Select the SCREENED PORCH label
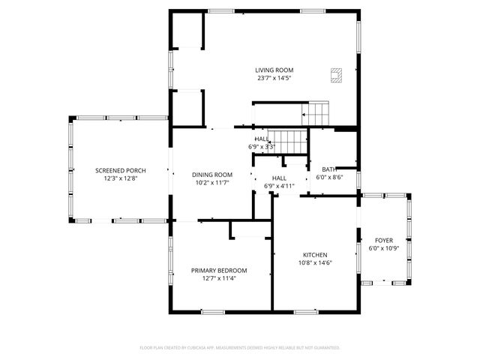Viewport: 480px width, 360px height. pyautogui.click(x=120, y=170)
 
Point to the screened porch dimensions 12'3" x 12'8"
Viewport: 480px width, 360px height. pyautogui.click(x=120, y=178)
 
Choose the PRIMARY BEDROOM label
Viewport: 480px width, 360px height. pyautogui.click(x=218, y=270)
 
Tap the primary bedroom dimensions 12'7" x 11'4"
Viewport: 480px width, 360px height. pyautogui.click(x=218, y=278)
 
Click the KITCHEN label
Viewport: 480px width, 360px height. pyautogui.click(x=315, y=254)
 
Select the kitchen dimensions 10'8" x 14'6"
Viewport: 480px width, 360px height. pyautogui.click(x=315, y=262)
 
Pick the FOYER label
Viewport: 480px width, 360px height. pyautogui.click(x=383, y=240)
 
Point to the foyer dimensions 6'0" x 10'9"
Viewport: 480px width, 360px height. pyautogui.click(x=383, y=248)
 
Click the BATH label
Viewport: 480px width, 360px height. pyautogui.click(x=329, y=169)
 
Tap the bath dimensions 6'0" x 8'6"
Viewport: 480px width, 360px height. pyautogui.click(x=329, y=178)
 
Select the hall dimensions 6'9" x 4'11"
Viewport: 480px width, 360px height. pyautogui.click(x=279, y=186)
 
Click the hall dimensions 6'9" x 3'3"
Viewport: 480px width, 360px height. pyautogui.click(x=262, y=147)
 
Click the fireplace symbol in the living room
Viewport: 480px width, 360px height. pyautogui.click(x=337, y=73)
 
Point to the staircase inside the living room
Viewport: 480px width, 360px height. pyautogui.click(x=316, y=115)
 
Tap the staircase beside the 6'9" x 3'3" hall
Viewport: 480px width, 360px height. pyautogui.click(x=289, y=140)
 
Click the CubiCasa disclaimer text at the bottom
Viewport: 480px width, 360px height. pyautogui.click(x=240, y=348)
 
